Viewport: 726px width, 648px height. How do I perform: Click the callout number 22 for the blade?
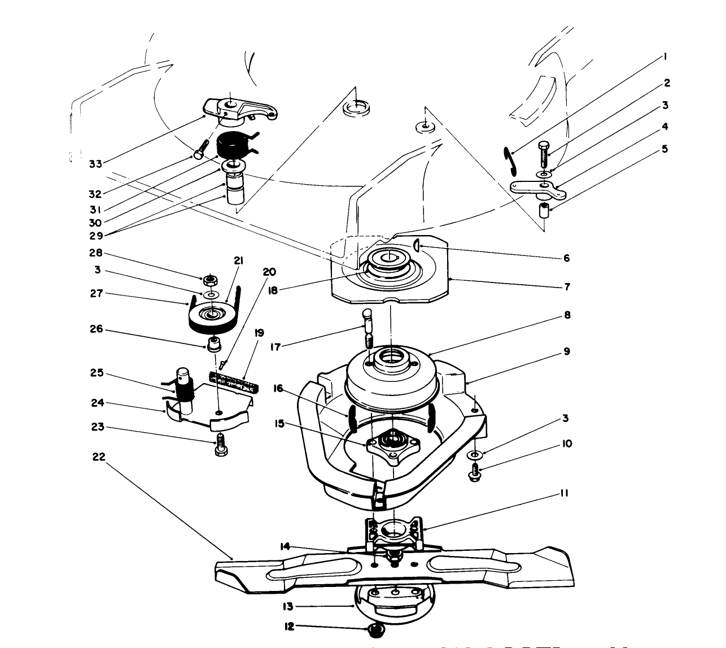click(99, 456)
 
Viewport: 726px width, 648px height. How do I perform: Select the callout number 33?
click(96, 164)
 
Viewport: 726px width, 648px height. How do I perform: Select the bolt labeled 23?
click(220, 443)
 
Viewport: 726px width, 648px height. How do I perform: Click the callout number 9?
click(566, 351)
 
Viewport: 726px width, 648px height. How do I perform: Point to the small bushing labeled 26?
click(214, 345)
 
